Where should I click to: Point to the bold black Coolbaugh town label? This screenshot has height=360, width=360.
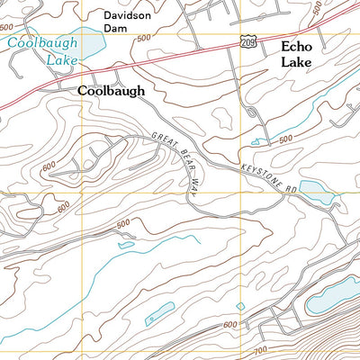[x=110, y=91]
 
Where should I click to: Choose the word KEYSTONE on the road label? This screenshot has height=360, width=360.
[x=257, y=170]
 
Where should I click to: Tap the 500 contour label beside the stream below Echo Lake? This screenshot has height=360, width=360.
[x=286, y=139]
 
